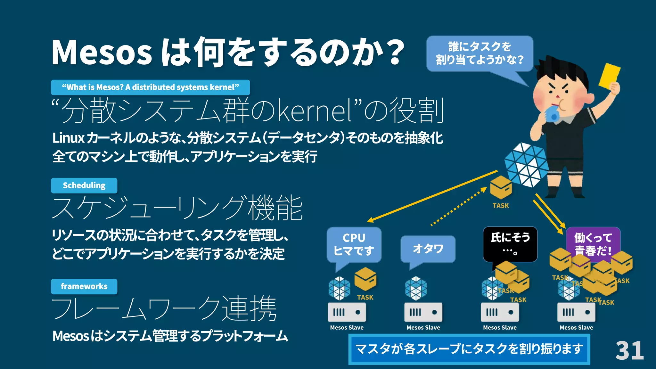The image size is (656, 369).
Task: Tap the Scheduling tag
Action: [x=84, y=185]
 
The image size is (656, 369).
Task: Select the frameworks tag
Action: [x=84, y=286]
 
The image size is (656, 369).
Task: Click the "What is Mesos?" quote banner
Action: [x=150, y=87]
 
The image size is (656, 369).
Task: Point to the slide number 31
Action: [x=629, y=351]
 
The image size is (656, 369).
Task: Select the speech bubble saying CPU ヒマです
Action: [x=354, y=244]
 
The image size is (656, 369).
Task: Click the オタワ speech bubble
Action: [x=428, y=249]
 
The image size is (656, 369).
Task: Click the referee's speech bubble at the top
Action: [x=480, y=53]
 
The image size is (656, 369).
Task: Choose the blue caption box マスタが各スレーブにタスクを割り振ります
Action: [x=469, y=349]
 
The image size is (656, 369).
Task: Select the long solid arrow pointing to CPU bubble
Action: [x=432, y=196]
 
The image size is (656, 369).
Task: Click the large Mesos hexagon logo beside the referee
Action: [x=526, y=165]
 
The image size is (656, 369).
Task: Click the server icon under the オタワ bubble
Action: [x=423, y=312]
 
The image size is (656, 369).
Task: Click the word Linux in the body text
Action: [x=68, y=138]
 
